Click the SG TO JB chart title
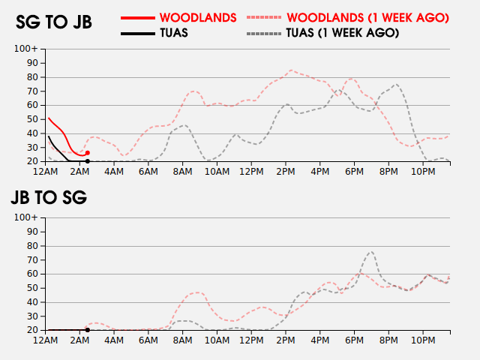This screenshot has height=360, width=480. (54, 22)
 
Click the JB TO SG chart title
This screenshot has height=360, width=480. (49, 197)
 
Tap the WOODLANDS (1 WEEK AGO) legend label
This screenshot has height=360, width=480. (367, 16)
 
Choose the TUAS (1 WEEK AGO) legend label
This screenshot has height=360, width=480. (342, 33)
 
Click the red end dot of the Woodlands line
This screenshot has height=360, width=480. (88, 153)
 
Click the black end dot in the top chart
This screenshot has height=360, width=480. (88, 161)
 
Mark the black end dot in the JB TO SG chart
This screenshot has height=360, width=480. (88, 330)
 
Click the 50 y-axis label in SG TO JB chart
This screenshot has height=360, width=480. (31, 119)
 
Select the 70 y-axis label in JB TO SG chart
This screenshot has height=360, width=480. (31, 259)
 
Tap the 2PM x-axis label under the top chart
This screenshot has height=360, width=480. (286, 172)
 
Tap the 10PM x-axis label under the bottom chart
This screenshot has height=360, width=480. (423, 340)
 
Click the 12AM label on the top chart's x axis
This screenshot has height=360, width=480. (46, 172)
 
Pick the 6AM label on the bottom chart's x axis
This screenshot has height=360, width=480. (148, 340)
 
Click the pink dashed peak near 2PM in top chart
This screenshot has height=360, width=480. (291, 70)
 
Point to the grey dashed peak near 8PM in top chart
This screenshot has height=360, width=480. (396, 84)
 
